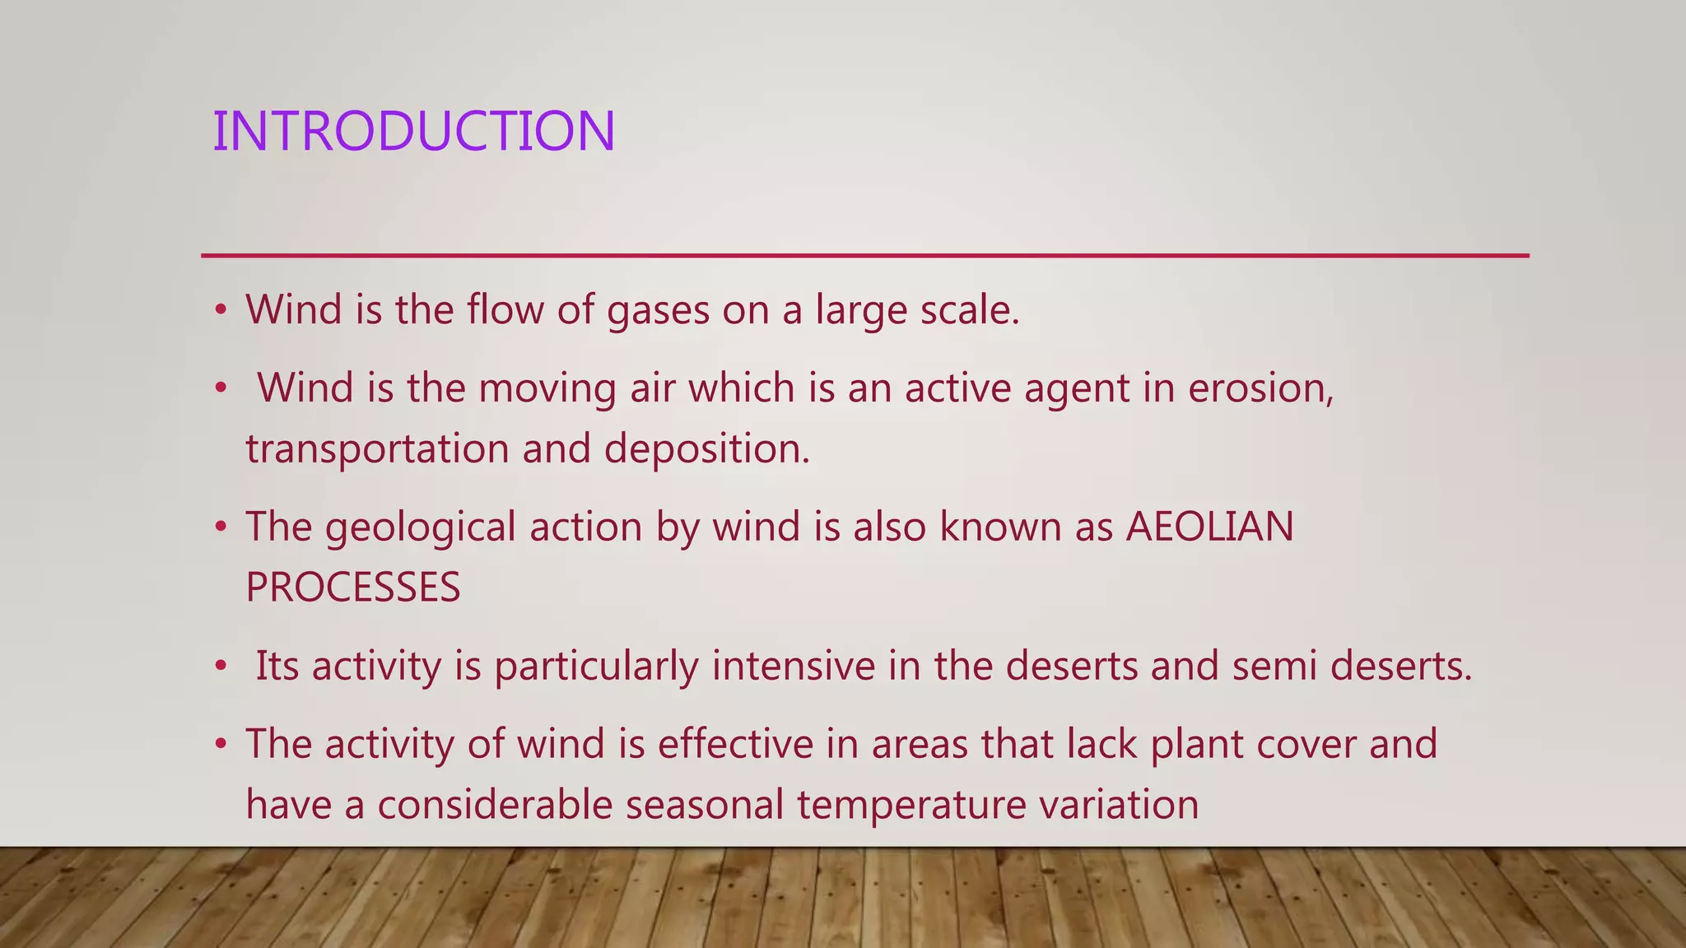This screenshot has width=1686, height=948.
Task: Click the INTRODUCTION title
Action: tap(413, 132)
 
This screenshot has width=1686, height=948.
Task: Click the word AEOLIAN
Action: tap(1209, 527)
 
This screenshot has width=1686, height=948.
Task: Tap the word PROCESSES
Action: tap(352, 588)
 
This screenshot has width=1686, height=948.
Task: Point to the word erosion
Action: tap(1260, 388)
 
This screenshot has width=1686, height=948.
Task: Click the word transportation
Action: tap(377, 449)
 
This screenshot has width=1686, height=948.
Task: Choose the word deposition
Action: tap(706, 449)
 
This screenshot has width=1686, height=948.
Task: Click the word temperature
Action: tap(911, 805)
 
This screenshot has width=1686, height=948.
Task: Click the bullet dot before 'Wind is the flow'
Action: tap(220, 311)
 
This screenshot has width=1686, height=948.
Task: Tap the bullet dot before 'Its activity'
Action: tap(220, 667)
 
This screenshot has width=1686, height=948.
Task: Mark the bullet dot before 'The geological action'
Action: tap(220, 527)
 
